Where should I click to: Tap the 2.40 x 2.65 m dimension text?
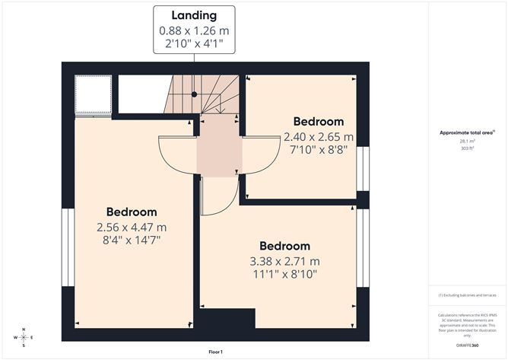coord(319,137)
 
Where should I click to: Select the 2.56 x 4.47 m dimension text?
coord(132,227)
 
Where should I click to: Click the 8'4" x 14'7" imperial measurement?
coord(132,241)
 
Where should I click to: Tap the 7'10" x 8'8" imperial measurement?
coord(319,151)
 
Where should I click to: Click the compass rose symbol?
coord(24,337)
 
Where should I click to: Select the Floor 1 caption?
coord(217,352)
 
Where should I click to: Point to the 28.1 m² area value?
coord(468,141)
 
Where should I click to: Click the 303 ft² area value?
coord(468,149)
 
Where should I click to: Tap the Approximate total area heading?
coord(467,132)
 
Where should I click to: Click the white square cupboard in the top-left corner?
coord(94,94)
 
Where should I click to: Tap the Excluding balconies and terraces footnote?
coord(467,295)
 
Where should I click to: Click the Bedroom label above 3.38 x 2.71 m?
coord(285,246)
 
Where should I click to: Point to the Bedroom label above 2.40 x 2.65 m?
coord(319,122)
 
